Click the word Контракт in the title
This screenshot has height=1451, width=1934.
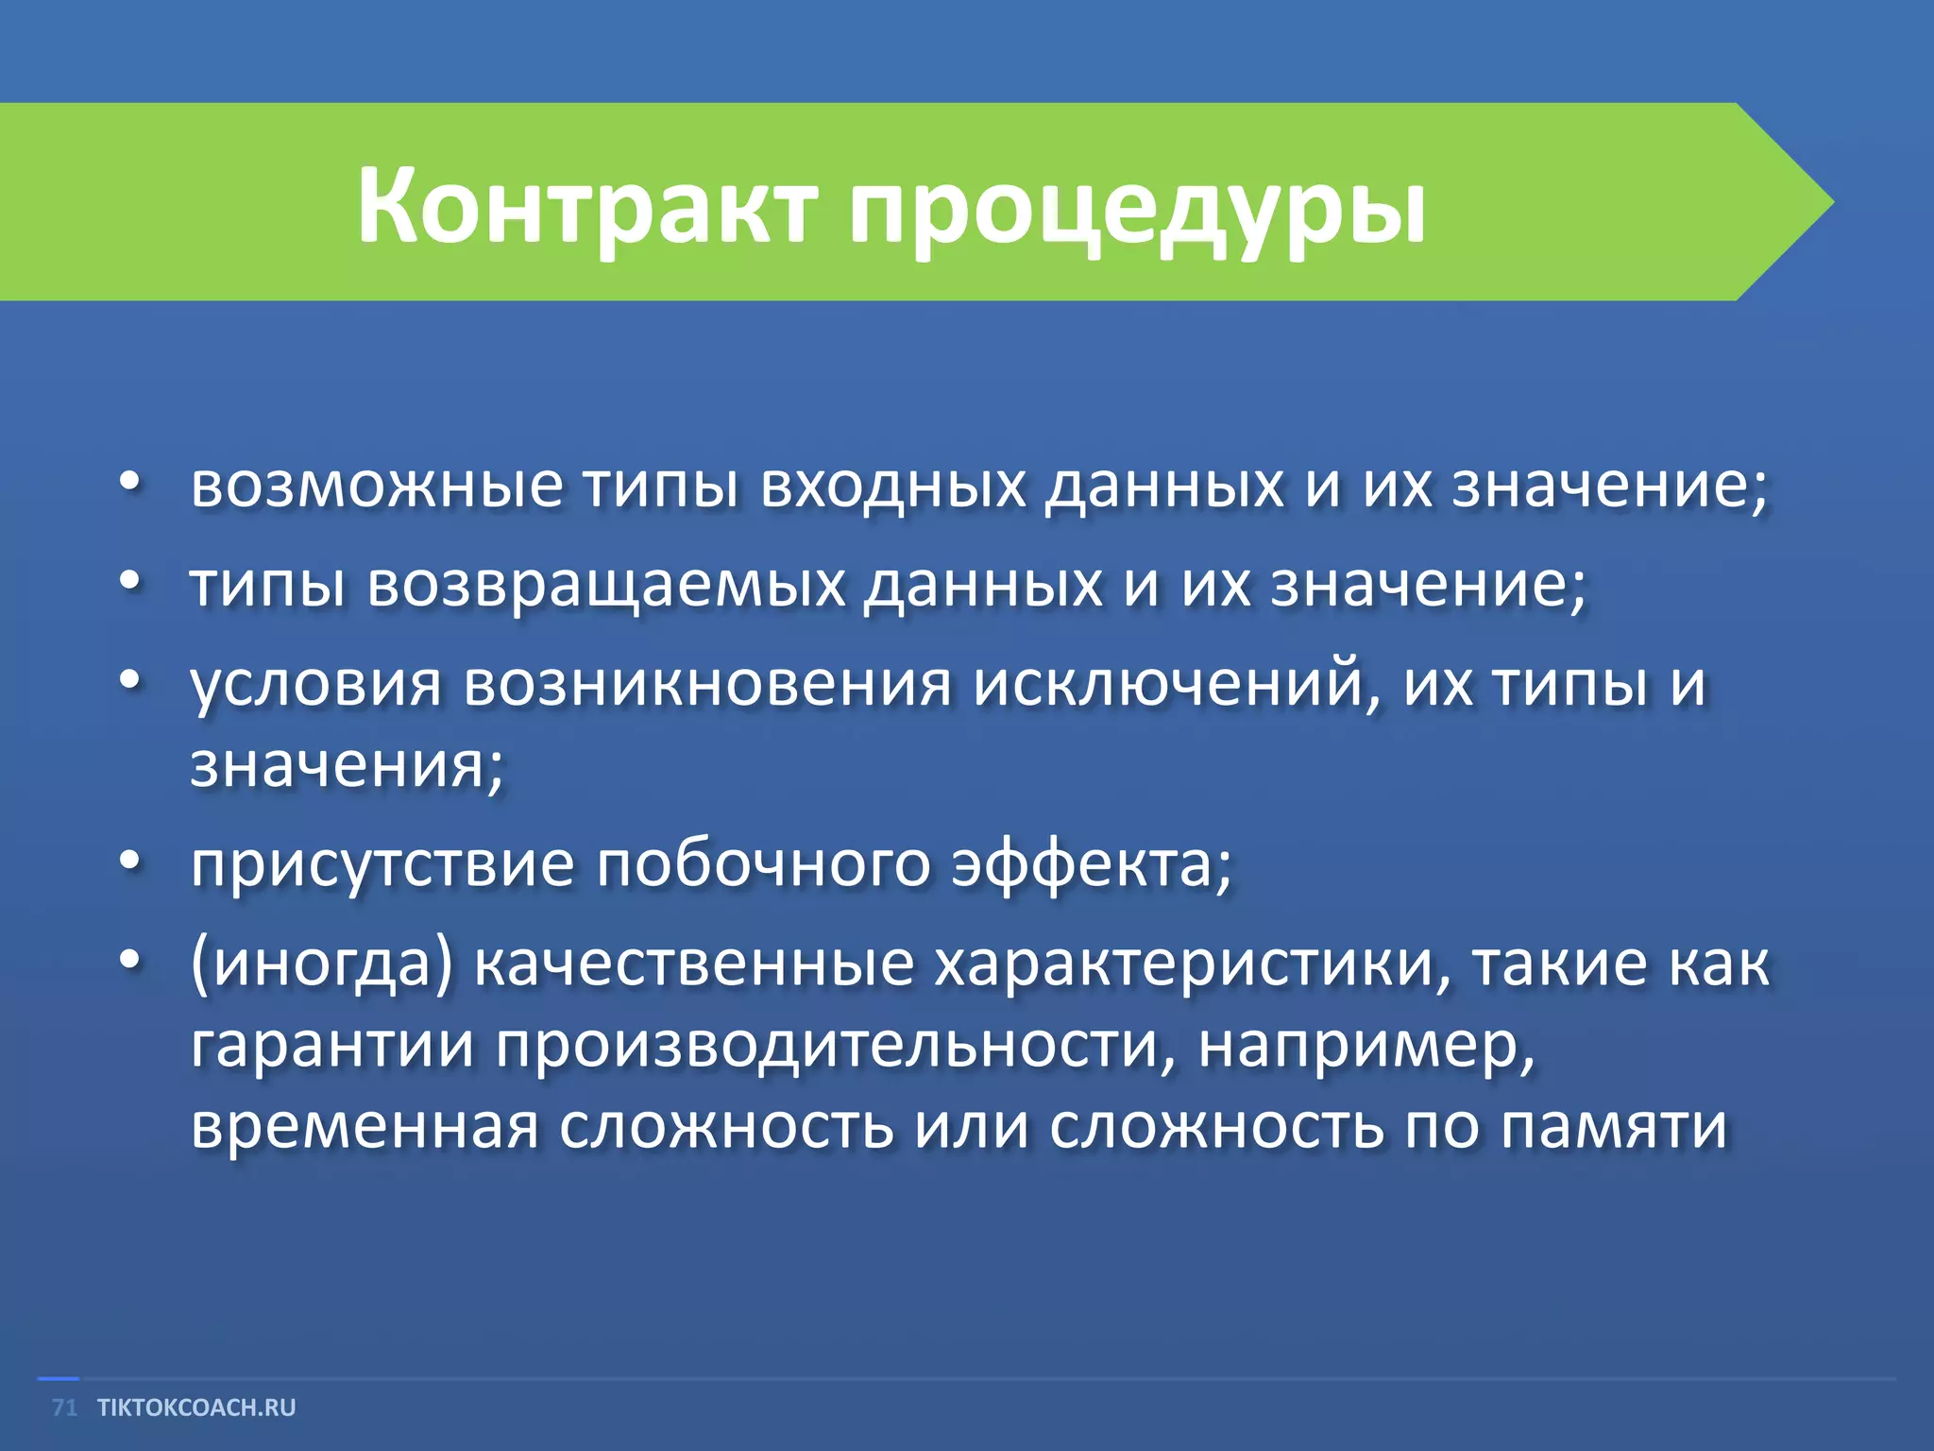(585, 206)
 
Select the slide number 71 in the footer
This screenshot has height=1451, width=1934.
(64, 1408)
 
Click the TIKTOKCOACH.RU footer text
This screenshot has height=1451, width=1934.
(196, 1408)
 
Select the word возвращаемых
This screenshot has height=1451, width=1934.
(606, 585)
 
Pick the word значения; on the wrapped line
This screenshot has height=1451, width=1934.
(348, 765)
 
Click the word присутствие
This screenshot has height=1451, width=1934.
(382, 864)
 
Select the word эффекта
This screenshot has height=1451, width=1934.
(1091, 864)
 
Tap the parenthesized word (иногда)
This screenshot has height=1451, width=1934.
(322, 964)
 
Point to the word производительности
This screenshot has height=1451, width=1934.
(836, 1046)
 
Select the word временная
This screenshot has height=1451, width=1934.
(365, 1127)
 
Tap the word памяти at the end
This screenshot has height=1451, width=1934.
(1614, 1127)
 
